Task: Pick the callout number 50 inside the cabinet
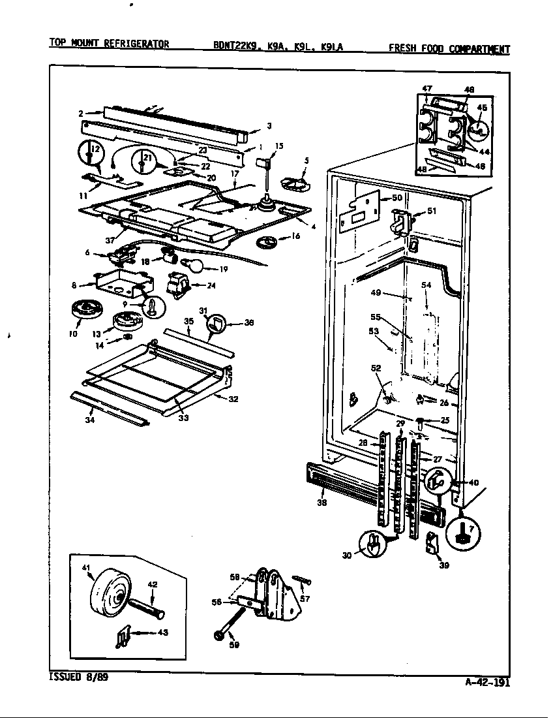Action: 397,197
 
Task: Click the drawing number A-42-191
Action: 488,683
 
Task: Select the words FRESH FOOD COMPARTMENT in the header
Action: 449,48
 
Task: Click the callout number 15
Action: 279,146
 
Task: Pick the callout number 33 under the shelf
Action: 183,418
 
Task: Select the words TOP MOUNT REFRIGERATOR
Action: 109,44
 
